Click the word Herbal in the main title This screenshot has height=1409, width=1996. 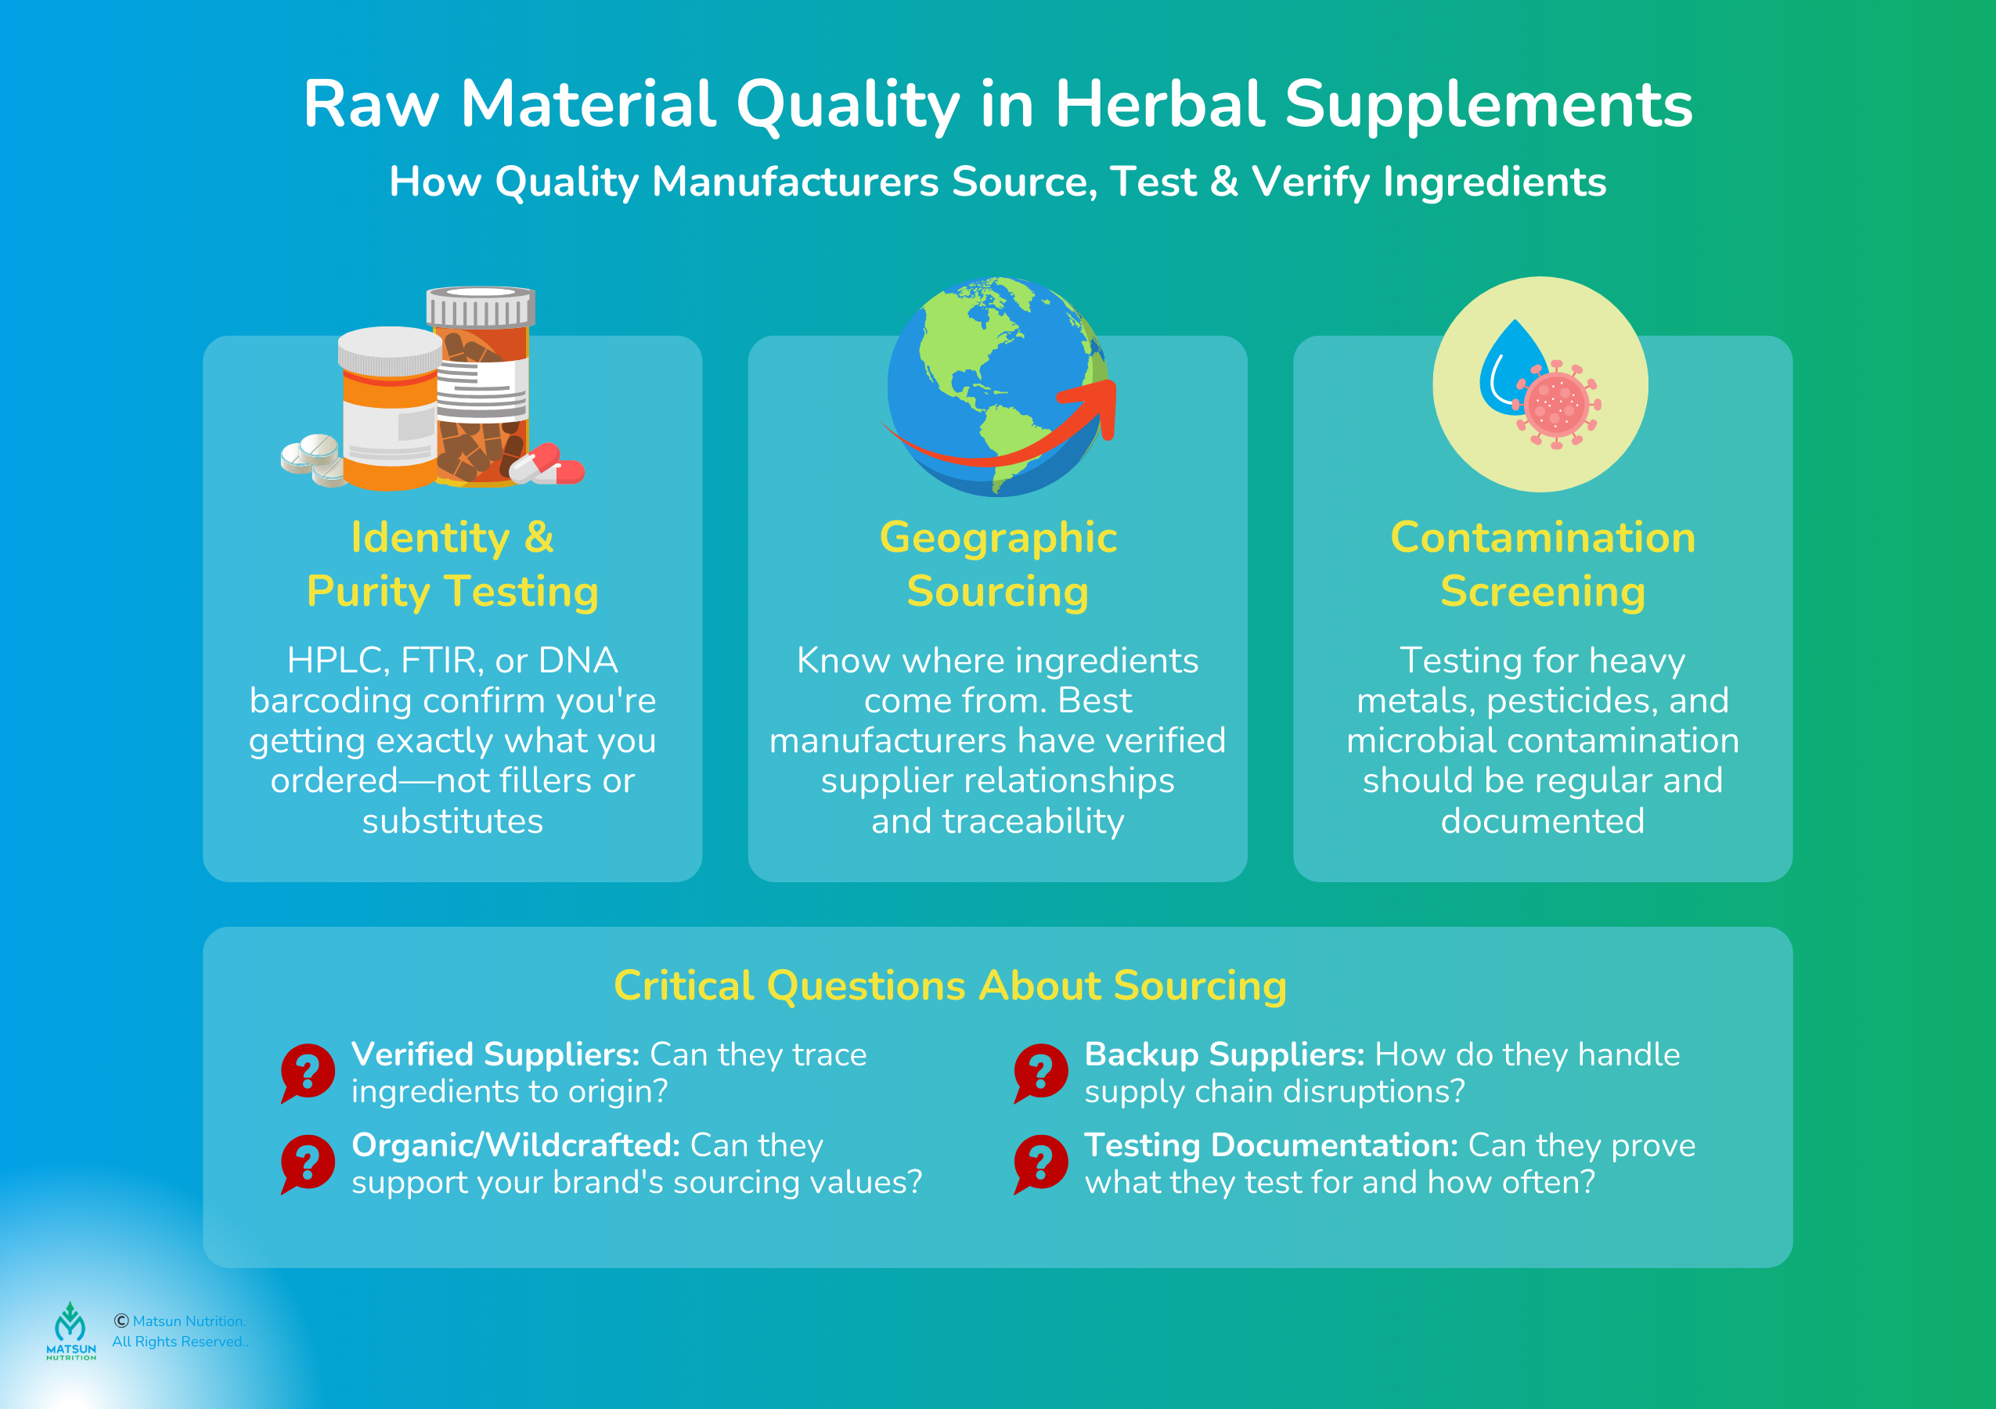[1158, 104]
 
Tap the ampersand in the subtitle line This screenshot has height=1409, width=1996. [1223, 182]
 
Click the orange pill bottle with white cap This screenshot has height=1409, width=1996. [388, 409]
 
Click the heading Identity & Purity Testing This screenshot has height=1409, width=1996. [452, 564]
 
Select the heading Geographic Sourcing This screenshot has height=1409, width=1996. [997, 564]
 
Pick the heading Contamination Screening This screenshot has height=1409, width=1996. [1542, 564]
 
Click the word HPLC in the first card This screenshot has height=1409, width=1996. [337, 661]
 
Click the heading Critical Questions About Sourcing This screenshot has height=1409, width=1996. [949, 986]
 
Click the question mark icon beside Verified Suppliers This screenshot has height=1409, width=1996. [308, 1071]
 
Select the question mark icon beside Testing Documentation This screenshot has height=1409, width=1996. [1040, 1162]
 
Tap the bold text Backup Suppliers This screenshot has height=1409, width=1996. [1224, 1054]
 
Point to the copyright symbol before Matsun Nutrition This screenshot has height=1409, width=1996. [121, 1321]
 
